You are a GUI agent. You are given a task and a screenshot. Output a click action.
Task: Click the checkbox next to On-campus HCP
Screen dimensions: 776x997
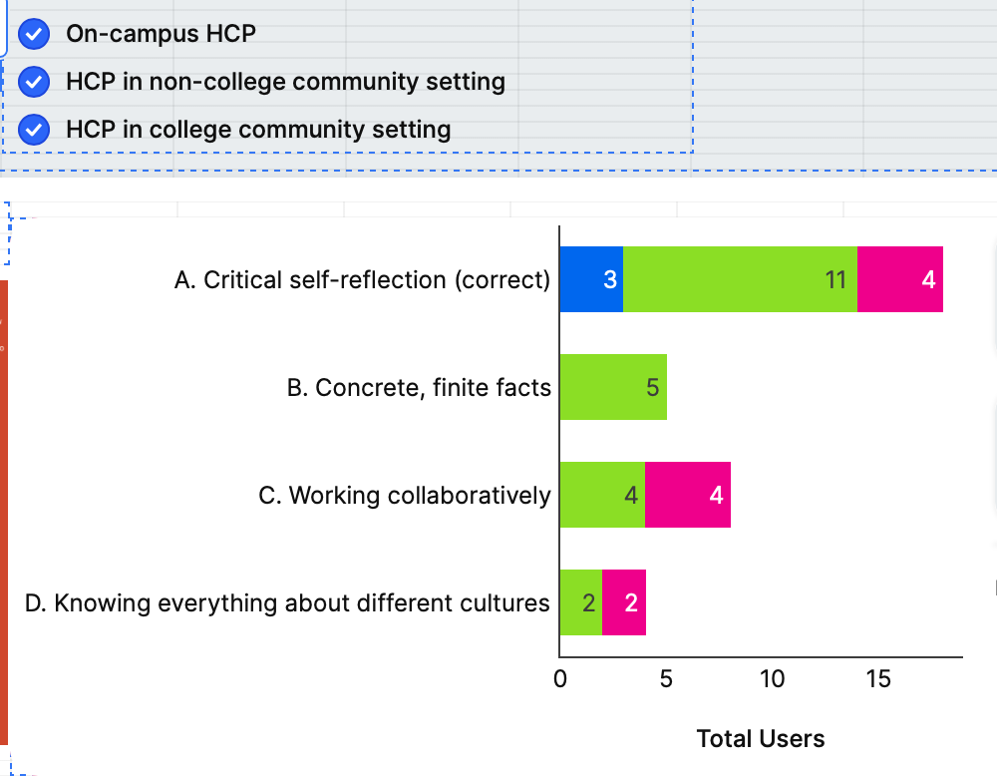[35, 34]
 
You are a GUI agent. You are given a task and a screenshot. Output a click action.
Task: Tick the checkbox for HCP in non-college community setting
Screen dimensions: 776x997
[35, 82]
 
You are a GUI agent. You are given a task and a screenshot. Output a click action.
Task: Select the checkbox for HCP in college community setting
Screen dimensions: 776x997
[35, 130]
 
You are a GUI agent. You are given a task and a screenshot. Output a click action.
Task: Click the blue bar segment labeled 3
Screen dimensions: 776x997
[591, 279]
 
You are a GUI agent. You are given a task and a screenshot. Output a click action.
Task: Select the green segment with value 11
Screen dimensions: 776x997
[740, 279]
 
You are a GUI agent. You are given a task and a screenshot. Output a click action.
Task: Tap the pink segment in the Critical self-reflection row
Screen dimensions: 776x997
[900, 279]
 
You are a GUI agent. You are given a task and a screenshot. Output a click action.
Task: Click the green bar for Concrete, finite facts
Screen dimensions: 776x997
[613, 387]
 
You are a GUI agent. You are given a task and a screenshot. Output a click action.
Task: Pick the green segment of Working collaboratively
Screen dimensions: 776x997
[602, 495]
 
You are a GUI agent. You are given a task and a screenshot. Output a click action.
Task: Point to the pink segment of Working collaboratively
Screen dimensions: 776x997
[688, 495]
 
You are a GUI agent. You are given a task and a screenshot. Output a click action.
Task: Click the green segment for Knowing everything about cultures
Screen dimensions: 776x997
[580, 602]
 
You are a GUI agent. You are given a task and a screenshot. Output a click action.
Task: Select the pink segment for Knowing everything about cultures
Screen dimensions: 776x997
[624, 602]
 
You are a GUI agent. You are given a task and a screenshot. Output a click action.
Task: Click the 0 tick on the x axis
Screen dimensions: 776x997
[559, 680]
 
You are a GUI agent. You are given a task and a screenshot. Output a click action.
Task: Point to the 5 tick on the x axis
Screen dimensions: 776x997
[666, 680]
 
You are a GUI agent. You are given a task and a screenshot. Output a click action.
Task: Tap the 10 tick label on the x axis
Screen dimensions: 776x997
[773, 680]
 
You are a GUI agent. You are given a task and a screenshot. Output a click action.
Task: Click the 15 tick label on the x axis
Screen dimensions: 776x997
[878, 680]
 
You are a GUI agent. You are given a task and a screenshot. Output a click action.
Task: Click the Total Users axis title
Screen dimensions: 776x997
[761, 739]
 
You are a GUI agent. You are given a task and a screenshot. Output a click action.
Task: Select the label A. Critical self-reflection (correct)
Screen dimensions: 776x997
[362, 280]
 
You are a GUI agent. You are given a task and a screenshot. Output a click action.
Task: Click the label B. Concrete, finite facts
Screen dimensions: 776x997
[419, 388]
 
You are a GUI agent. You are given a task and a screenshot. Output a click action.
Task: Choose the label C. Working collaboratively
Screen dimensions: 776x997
[405, 496]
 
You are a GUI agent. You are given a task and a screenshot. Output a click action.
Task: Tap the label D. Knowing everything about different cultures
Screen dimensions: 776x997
[287, 603]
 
